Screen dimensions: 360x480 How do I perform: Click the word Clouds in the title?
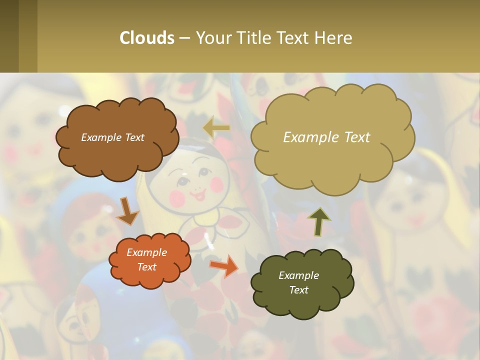147,38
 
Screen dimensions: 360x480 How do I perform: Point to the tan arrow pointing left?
216,128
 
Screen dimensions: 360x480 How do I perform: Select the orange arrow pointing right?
223,265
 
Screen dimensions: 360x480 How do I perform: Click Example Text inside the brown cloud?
112,137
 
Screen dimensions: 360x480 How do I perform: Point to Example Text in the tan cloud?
326,137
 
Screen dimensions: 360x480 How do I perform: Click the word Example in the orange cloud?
146,252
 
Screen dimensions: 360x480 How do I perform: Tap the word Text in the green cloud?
298,290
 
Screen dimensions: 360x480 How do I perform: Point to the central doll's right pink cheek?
216,184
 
